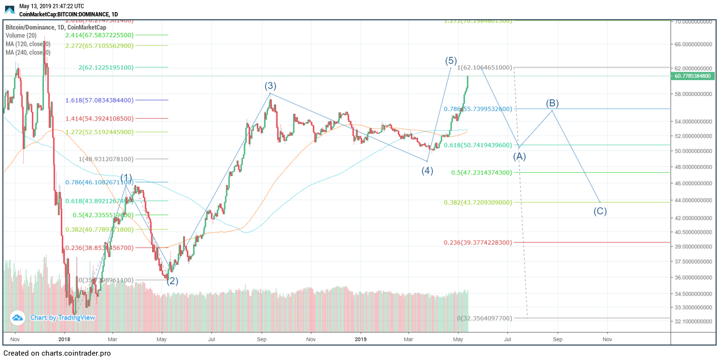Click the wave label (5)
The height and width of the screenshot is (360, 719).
click(451, 61)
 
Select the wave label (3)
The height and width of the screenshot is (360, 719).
click(270, 86)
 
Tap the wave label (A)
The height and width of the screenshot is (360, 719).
click(519, 156)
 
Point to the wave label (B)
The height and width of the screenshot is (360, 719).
click(552, 103)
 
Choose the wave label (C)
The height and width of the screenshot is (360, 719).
click(600, 211)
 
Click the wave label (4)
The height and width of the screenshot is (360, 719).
click(427, 170)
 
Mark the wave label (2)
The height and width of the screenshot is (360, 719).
click(172, 281)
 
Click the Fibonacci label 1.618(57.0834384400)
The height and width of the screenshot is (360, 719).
click(99, 100)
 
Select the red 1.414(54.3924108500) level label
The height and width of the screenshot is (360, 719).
click(99, 118)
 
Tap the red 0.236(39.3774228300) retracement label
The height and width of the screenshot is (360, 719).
click(478, 242)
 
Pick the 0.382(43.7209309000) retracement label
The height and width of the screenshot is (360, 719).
click(478, 202)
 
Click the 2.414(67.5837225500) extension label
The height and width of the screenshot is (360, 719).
click(100, 35)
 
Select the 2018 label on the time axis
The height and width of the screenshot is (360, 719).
click(64, 339)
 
